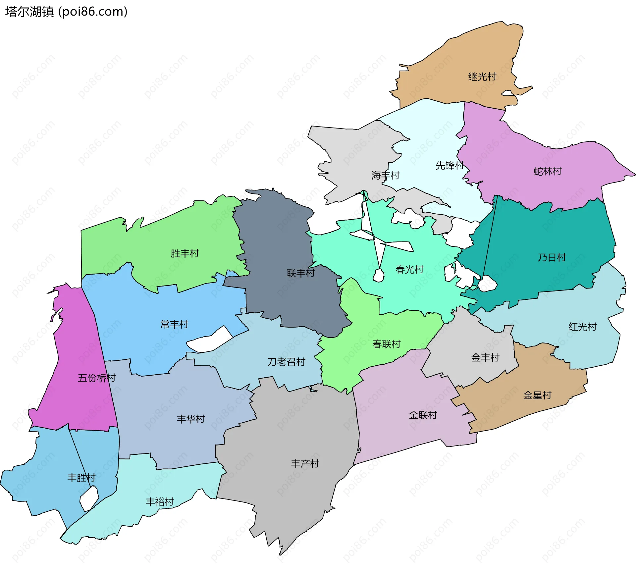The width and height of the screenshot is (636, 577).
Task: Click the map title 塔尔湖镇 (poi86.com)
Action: (x=66, y=12)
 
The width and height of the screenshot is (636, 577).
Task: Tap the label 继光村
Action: (x=482, y=77)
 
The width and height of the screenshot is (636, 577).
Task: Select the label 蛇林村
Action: (x=548, y=171)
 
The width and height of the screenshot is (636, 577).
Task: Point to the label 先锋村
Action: (x=450, y=165)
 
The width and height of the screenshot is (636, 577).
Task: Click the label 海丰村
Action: (x=385, y=175)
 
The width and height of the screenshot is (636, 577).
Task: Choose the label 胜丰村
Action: (x=185, y=253)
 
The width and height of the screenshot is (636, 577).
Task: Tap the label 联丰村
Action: (x=300, y=273)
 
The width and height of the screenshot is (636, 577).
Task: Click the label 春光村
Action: (x=409, y=269)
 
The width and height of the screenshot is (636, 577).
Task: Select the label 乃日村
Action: (x=552, y=257)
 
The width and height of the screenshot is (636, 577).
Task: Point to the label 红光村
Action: (x=582, y=327)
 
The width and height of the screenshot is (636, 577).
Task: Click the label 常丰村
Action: (x=174, y=324)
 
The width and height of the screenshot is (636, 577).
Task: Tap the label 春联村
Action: (x=386, y=344)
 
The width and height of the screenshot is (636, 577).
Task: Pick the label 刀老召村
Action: (x=286, y=362)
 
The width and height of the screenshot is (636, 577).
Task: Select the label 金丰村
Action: (x=485, y=358)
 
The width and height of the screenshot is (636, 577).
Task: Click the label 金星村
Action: (x=537, y=395)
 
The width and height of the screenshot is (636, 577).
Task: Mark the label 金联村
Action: (x=423, y=415)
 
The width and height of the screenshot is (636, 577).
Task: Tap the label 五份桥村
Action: (x=96, y=378)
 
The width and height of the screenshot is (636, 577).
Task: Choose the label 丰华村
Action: (x=190, y=419)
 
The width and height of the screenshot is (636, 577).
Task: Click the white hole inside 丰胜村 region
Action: (x=89, y=498)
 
